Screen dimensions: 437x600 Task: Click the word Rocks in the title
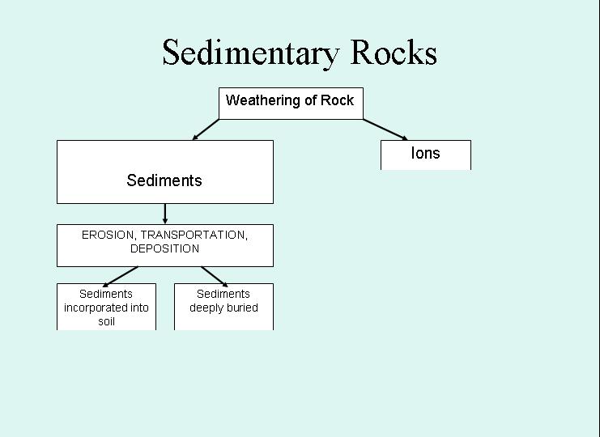tap(394, 53)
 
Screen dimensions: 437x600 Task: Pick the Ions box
tap(425, 155)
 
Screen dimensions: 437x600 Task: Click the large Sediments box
tap(164, 172)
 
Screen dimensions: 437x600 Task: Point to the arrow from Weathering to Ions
tap(385, 129)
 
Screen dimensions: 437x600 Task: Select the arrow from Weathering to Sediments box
tap(206, 129)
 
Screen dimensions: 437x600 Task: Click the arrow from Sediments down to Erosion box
tap(165, 214)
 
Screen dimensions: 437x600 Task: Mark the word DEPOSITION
tap(164, 248)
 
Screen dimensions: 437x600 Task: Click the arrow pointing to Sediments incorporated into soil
tap(121, 275)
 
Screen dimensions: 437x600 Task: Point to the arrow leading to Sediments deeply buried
tap(213, 275)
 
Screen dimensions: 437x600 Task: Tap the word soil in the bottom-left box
tap(106, 321)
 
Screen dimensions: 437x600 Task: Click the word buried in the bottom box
tap(242, 308)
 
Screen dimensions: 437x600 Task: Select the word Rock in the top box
tap(338, 101)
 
